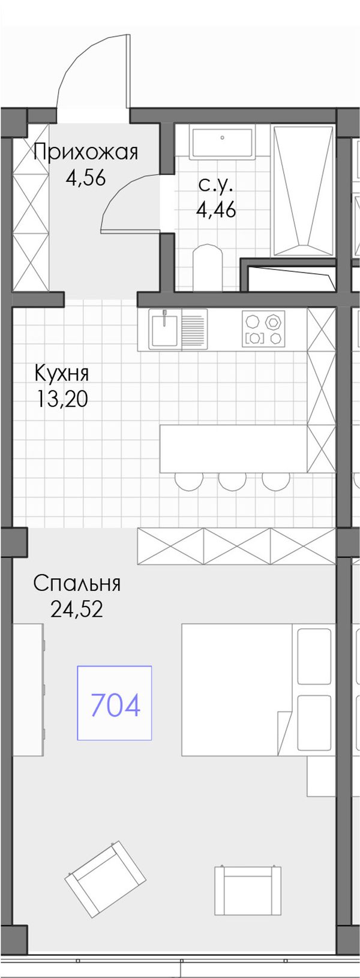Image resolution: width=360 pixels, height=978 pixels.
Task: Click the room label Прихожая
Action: [x=86, y=153]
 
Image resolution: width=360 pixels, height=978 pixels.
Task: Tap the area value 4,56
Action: [x=86, y=178]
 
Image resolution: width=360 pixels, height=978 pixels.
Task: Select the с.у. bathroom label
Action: [x=215, y=185]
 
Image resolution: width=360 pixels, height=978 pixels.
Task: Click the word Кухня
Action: [x=62, y=374]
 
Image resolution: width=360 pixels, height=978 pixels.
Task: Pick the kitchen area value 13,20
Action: [x=62, y=398]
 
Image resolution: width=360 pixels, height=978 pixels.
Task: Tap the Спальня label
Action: [x=77, y=584]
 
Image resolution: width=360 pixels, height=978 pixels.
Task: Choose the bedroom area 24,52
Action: [x=77, y=609]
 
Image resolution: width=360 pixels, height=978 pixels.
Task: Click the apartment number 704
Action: [x=115, y=706]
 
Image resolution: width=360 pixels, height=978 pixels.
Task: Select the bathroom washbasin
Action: [x=221, y=142]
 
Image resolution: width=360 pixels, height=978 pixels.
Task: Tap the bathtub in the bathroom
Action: [x=303, y=191]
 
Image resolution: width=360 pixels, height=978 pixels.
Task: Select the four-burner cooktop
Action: [x=263, y=329]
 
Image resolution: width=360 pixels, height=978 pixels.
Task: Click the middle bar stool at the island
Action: [x=232, y=480]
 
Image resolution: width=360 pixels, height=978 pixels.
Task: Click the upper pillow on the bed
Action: [x=314, y=656]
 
